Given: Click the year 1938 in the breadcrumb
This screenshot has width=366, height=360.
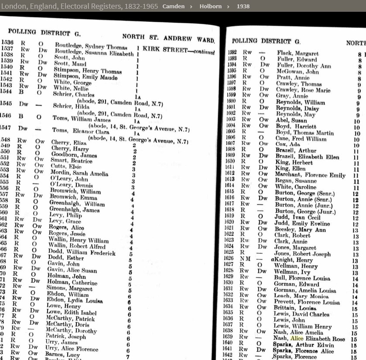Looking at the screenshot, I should point(243,6).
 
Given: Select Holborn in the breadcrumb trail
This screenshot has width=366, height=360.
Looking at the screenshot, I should point(210,6).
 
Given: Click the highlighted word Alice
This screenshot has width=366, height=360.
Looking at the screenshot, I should point(297,338).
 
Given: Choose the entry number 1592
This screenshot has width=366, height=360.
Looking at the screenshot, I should point(232,53).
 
